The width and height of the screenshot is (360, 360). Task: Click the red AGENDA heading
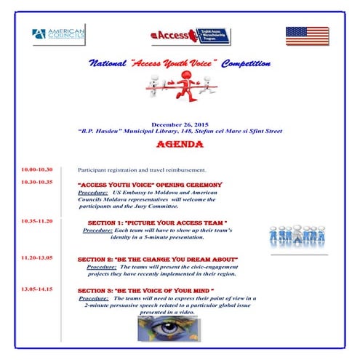pos(179,144)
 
